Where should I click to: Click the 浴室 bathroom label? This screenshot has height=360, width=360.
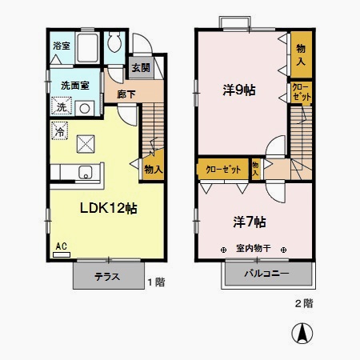62,46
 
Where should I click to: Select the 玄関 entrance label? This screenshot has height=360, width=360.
141,68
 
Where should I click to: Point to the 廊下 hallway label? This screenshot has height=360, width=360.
126,94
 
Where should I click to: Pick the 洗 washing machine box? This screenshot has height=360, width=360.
61,107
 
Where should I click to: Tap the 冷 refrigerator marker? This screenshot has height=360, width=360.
60,129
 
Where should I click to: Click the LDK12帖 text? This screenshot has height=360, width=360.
108,207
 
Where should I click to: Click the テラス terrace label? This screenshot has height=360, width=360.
106,278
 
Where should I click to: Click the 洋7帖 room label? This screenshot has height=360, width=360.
250,220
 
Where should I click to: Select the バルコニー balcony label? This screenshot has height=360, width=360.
267,277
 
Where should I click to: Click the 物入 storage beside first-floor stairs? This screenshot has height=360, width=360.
153,169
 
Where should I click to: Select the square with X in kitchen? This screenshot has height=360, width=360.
86,144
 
